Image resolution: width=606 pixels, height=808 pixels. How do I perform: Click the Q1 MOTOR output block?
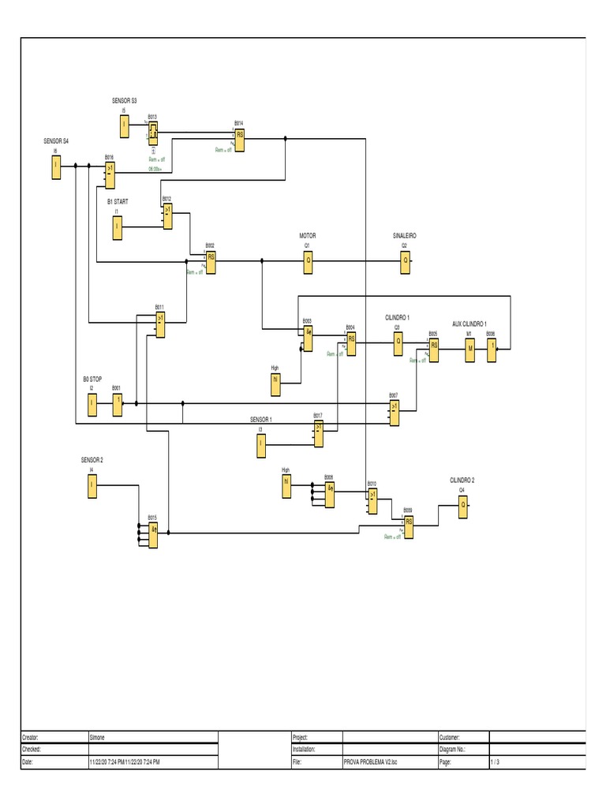309,260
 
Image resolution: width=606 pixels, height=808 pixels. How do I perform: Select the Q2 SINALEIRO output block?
405,260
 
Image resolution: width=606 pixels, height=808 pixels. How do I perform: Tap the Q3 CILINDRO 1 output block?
398,342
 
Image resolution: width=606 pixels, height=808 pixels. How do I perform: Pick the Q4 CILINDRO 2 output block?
463,511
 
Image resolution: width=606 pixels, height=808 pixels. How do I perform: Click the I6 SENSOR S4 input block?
56,166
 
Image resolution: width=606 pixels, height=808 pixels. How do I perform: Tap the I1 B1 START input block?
117,227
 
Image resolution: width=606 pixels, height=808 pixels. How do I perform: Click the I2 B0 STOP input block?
92,405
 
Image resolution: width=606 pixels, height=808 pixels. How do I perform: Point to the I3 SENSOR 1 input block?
261,447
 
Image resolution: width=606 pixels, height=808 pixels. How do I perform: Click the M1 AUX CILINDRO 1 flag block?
469,349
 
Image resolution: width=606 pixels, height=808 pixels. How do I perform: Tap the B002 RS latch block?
211,260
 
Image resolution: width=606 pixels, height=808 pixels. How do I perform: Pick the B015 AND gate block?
154,533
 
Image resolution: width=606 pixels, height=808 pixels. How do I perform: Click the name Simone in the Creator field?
100,736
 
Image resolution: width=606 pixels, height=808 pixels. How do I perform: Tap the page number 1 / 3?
495,762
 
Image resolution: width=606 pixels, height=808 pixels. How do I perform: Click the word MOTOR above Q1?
307,235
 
